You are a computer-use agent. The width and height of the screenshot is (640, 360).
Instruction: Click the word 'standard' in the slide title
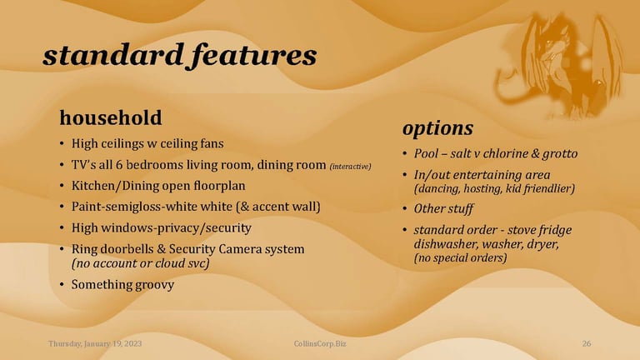[x=113, y=55]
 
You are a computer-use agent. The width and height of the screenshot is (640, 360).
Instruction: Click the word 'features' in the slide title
[x=254, y=54]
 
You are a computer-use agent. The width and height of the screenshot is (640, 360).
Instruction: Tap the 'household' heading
[x=111, y=117]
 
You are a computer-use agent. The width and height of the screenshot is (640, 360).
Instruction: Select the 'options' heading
[x=437, y=129]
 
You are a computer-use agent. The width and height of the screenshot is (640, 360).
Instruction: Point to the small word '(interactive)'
[x=350, y=167]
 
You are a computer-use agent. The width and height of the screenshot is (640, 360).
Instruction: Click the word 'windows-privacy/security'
[x=176, y=227]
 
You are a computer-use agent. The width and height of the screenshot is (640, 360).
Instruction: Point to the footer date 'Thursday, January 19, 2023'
[x=95, y=343]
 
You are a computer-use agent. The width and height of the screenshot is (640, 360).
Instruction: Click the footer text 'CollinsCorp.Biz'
[x=320, y=343]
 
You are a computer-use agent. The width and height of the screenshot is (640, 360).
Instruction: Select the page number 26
[x=587, y=343]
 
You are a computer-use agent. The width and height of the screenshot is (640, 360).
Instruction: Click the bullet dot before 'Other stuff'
[x=404, y=208]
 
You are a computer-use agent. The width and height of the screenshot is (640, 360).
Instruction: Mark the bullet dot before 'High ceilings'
[x=62, y=143]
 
